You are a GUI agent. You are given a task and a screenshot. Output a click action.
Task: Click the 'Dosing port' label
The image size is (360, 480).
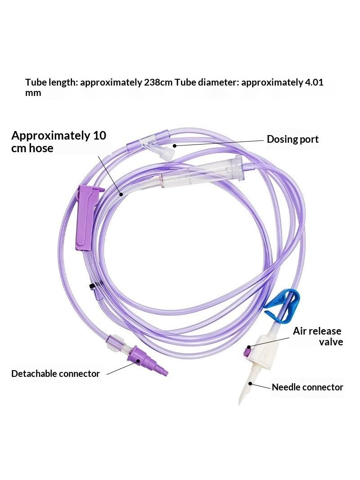coord(292,139)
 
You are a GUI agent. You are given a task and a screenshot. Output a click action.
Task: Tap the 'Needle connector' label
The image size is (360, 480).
coord(307,387)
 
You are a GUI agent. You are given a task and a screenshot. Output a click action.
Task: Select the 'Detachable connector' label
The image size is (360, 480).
coord(55,374)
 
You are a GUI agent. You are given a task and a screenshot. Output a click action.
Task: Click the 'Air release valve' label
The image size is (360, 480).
coord(318,336)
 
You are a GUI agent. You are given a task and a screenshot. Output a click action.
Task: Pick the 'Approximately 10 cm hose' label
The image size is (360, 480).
coord(59,142)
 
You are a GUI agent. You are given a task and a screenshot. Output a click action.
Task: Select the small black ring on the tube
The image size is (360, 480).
coord(91,286)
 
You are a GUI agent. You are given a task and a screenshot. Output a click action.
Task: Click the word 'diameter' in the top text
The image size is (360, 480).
coord(218,83)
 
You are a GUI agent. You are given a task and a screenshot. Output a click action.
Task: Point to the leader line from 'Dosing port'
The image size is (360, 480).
coord(219,143)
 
